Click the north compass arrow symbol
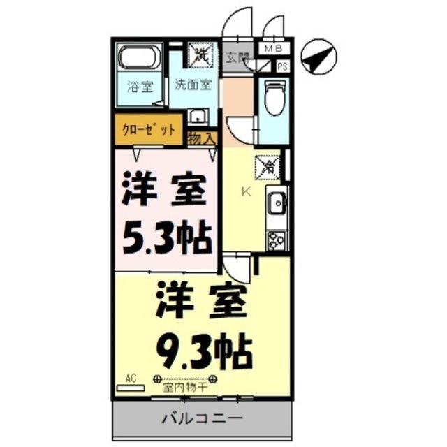pyautogui.click(x=318, y=57)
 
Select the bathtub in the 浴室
pyautogui.click(x=140, y=57)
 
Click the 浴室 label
pyautogui.click(x=140, y=87)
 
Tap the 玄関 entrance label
pyautogui.click(x=237, y=59)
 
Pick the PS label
pyautogui.click(x=283, y=66)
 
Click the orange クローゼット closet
pyautogui.click(x=149, y=130)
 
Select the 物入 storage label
pyautogui.click(x=203, y=138)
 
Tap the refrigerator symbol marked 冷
pyautogui.click(x=268, y=166)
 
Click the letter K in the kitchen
pyautogui.click(x=245, y=191)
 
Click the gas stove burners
pyautogui.click(x=276, y=239)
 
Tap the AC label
pyautogui.click(x=131, y=379)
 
